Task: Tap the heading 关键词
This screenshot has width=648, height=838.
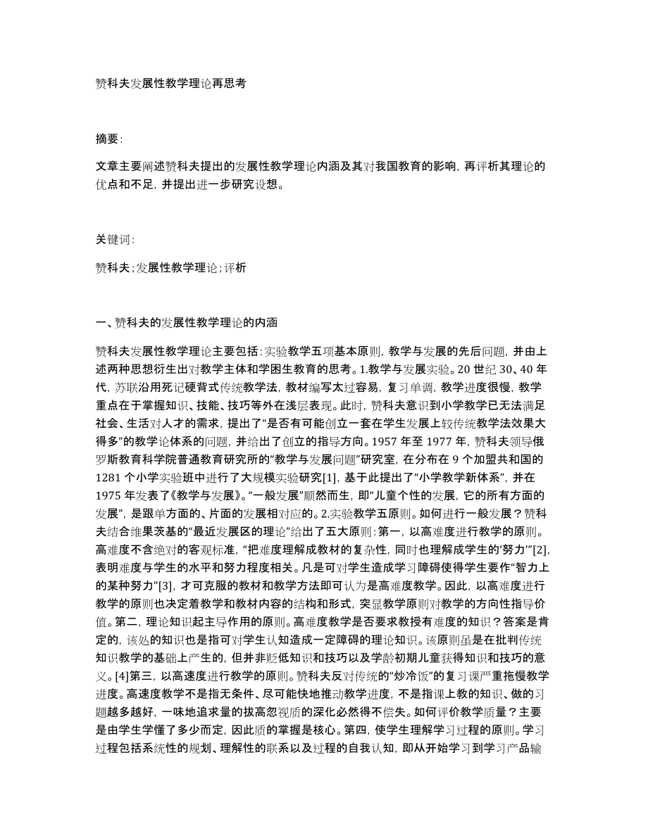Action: [x=116, y=239]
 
